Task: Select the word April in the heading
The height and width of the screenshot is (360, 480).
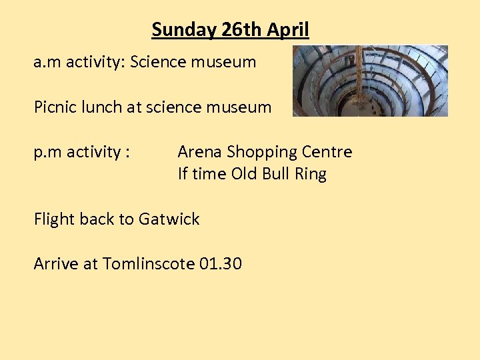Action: pos(289,30)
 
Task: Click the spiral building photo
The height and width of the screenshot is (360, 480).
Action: pos(370,81)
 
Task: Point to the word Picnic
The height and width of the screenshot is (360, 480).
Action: pos(55,107)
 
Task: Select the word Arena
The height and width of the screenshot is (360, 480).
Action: pos(200,152)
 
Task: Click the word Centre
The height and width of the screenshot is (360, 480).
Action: pos(327,152)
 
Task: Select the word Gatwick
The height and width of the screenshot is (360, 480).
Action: pos(169,219)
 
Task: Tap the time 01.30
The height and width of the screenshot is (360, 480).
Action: pos(221,264)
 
